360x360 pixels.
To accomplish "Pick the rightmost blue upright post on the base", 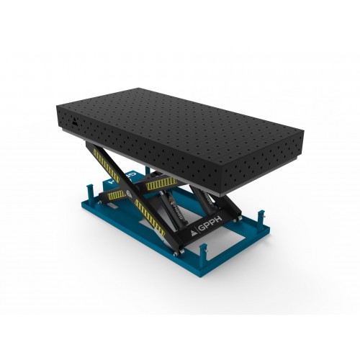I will pos(261,218).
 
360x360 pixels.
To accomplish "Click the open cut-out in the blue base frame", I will pos(223,241).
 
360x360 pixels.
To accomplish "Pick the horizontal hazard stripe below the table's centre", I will pos(160,185).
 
